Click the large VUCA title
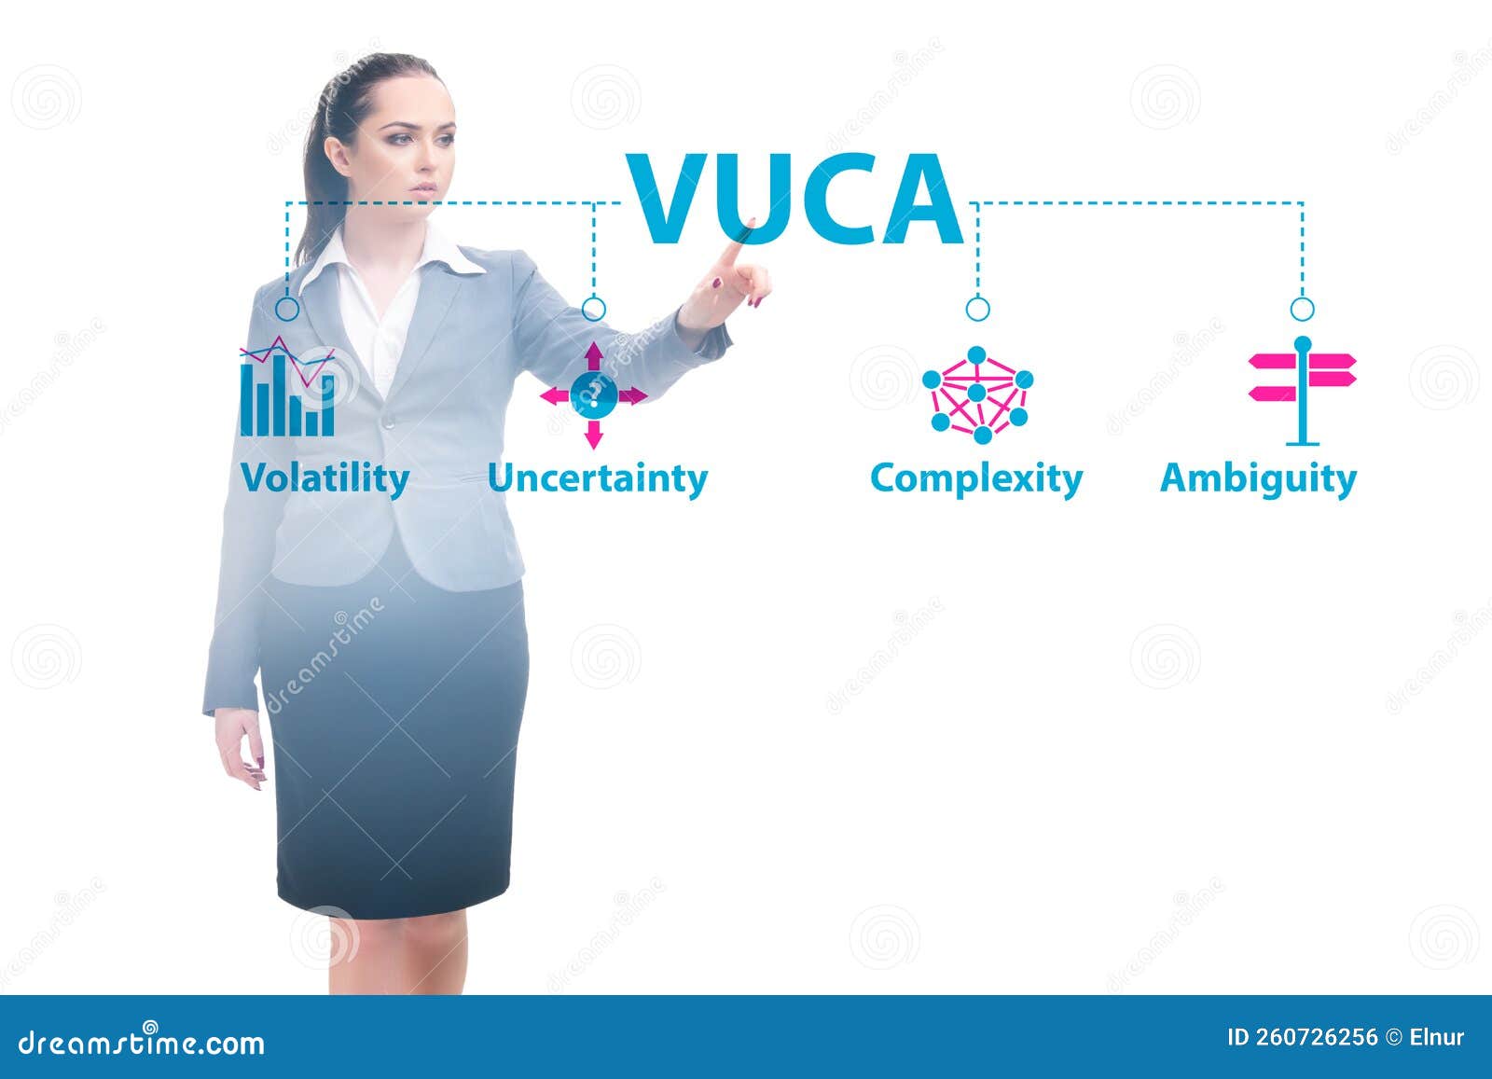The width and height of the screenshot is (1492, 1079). coord(794,199)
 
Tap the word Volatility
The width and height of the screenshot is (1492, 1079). coord(325,478)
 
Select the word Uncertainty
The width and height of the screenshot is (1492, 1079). coord(598,478)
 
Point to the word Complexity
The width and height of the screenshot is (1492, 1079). coord(976,478)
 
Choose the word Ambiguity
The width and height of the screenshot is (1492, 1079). coord(1258,478)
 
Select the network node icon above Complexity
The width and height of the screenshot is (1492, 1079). coord(977,395)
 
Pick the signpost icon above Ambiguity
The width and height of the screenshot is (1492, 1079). coord(1303,390)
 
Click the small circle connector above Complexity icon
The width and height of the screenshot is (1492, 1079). coord(977,309)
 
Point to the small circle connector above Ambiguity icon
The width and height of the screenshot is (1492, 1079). coord(1303,309)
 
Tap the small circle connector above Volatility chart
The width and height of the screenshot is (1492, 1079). coord(287,309)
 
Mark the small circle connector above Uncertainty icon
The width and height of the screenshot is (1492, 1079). coord(594,309)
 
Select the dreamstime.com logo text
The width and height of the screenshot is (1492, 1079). coord(142,1042)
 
